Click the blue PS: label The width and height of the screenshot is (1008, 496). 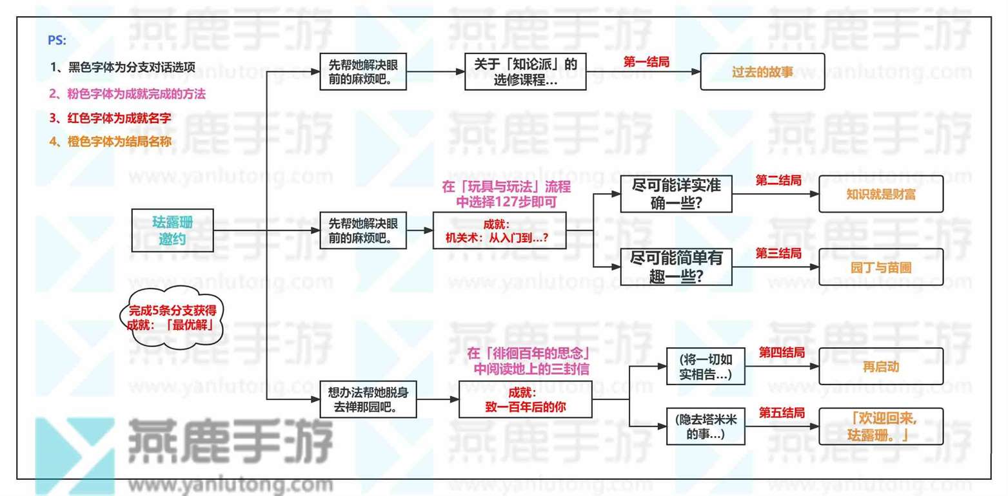click(x=57, y=41)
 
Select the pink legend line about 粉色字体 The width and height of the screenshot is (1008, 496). click(x=127, y=94)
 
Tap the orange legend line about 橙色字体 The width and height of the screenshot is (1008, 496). click(x=110, y=142)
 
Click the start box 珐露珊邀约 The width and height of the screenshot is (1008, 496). click(x=172, y=231)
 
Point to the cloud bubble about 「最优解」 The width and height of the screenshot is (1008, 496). click(x=172, y=318)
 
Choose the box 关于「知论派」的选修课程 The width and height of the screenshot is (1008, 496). click(x=525, y=72)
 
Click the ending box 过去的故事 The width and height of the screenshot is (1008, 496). click(x=762, y=72)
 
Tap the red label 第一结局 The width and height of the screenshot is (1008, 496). click(x=646, y=62)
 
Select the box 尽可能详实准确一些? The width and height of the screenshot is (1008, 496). click(x=676, y=194)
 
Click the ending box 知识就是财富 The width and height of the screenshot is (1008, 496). click(x=881, y=194)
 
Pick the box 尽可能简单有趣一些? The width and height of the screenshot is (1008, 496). click(x=676, y=267)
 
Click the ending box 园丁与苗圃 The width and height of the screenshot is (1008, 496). click(x=881, y=267)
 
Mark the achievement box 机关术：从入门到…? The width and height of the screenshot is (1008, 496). click(x=499, y=231)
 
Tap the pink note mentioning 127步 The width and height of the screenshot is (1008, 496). click(x=506, y=194)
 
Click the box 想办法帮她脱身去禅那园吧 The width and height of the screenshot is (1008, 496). click(x=368, y=399)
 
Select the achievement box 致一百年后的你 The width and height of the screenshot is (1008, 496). click(x=525, y=399)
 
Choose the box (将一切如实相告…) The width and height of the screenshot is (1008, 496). click(x=705, y=366)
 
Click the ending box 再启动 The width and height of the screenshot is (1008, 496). click(x=881, y=366)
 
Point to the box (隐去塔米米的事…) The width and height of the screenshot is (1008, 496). click(x=705, y=426)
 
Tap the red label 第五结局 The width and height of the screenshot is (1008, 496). click(x=782, y=412)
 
